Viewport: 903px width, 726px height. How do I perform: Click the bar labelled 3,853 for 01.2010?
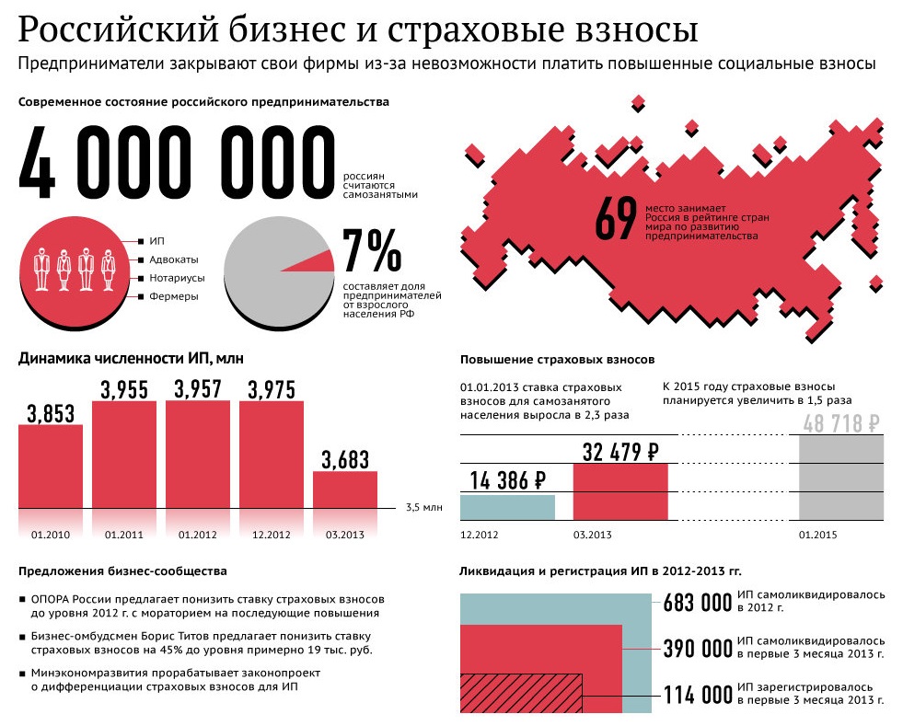[x=51, y=466]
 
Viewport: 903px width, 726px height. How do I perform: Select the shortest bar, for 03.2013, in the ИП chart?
[x=344, y=490]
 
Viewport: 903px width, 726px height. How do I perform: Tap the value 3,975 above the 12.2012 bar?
[x=271, y=389]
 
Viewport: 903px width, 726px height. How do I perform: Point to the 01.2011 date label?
[x=123, y=535]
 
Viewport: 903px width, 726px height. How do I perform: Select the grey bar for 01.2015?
[x=840, y=478]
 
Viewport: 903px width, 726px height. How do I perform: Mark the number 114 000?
[x=698, y=695]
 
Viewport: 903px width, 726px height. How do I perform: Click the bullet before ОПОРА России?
[x=22, y=599]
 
